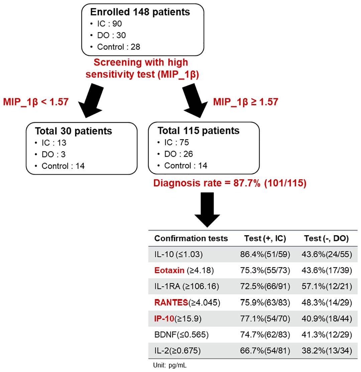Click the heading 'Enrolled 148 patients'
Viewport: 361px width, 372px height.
(140, 12)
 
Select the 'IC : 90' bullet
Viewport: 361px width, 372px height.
(107, 24)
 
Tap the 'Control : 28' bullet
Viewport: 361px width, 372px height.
(115, 47)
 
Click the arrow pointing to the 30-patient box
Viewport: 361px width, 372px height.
(91, 101)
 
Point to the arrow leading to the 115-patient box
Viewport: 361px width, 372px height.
(195, 101)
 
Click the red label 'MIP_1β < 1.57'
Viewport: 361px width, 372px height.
(36, 102)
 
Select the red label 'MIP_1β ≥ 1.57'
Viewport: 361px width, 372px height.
(246, 102)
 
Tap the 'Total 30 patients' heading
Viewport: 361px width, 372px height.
(74, 131)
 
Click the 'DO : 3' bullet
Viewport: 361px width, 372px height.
(50, 155)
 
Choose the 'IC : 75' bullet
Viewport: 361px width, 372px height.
(173, 143)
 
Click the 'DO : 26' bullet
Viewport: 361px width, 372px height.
(175, 154)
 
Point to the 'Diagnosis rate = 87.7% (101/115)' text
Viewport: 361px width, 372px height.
(230, 183)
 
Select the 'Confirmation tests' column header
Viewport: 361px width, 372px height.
(191, 239)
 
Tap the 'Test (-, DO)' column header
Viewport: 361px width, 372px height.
(326, 239)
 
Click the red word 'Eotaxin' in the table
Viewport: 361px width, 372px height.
(169, 270)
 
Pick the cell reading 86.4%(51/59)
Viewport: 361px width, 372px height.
(265, 254)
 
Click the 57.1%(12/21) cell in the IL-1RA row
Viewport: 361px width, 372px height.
(327, 286)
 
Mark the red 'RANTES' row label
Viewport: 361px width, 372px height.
(171, 302)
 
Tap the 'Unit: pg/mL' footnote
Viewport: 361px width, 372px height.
(170, 365)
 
